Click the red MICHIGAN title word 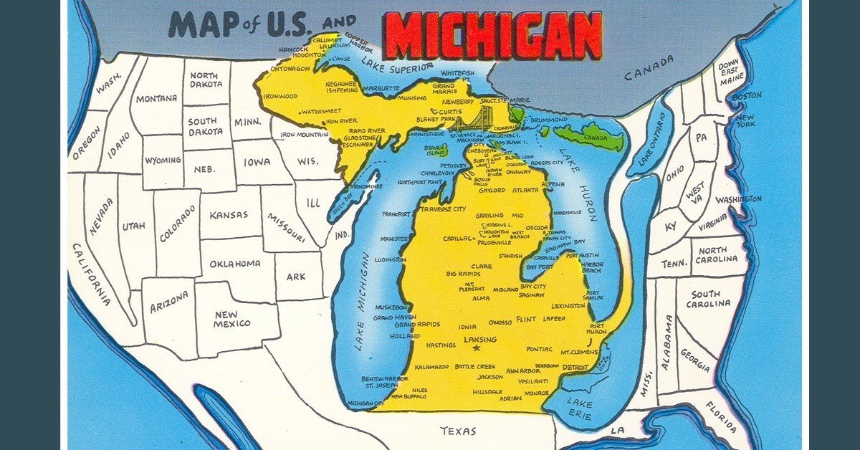pos(493,36)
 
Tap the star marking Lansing pos(477,348)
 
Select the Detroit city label pos(575,367)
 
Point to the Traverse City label pos(442,209)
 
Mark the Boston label pos(747,95)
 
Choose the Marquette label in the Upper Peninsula pos(381,89)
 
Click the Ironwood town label pos(279,96)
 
